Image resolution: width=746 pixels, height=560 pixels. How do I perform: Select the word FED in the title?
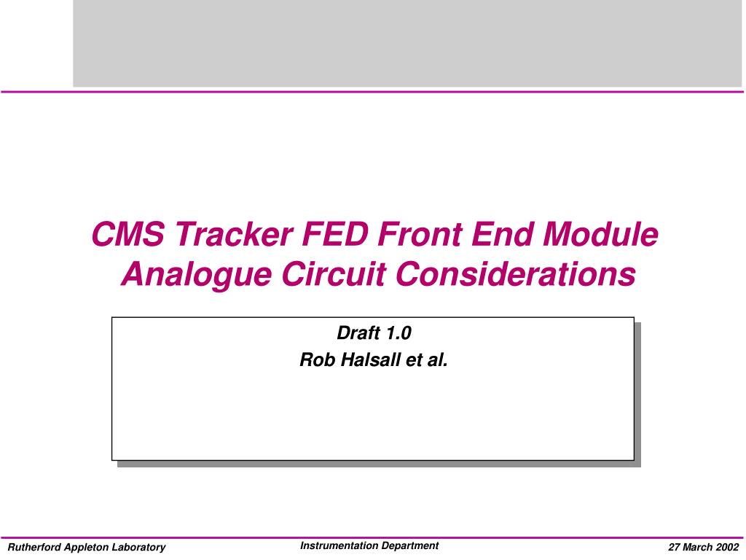coord(327,235)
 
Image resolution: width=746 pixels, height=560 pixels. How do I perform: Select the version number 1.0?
coord(398,334)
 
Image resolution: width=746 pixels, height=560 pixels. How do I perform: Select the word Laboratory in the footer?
coord(139,548)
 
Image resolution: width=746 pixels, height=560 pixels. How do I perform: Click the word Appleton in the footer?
coord(89,548)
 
